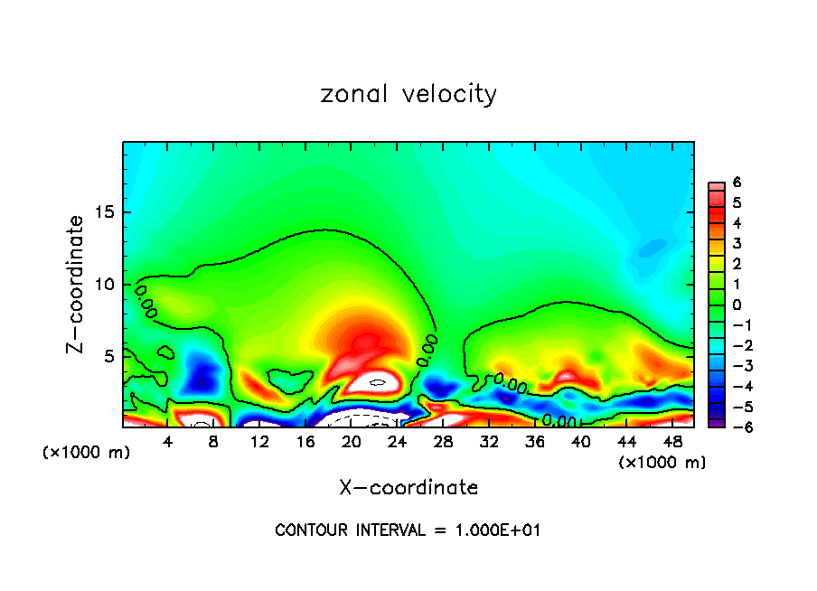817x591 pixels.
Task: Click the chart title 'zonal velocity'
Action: point(408,94)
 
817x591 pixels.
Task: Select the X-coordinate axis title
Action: point(408,488)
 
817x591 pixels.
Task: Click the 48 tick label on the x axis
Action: point(672,442)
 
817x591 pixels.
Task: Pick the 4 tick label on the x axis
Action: point(168,442)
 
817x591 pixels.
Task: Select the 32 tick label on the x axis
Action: point(489,442)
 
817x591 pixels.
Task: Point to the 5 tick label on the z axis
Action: point(109,356)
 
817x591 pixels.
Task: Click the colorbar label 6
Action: point(737,183)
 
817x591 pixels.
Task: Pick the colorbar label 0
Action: point(737,305)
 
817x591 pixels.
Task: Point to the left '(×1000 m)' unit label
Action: point(87,453)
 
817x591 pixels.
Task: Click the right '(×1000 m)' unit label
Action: point(662,462)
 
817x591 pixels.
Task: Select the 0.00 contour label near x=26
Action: point(427,350)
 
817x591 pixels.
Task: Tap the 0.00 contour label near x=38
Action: point(559,420)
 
